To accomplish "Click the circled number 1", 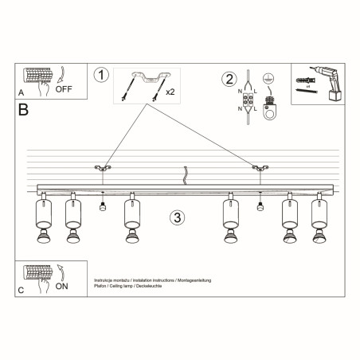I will point(100,76).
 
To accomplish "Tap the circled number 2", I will point(229,79).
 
